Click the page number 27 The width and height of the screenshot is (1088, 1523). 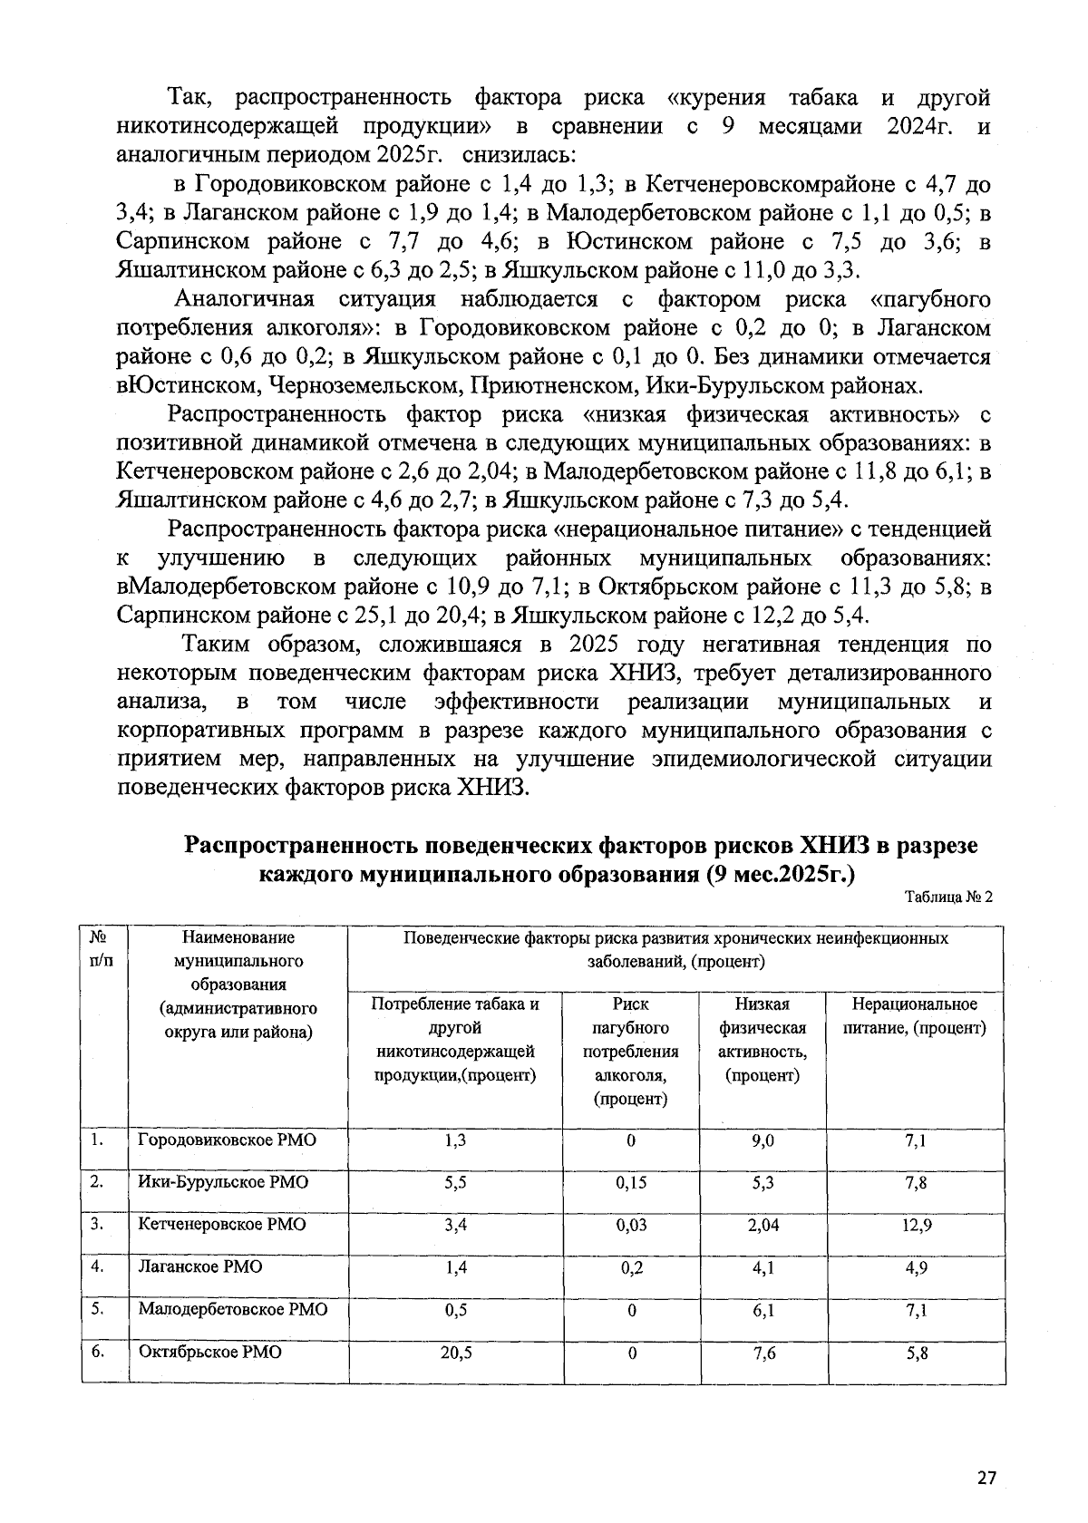coord(986,1478)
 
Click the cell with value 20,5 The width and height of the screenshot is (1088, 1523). coord(455,1352)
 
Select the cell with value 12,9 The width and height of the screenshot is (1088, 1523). coord(916,1225)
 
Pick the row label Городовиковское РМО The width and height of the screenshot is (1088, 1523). coord(227,1140)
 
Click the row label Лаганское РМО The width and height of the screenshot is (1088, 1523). coord(199,1266)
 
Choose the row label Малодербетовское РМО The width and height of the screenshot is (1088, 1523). coord(233,1309)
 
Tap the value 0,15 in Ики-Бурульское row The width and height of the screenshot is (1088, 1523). coord(631,1183)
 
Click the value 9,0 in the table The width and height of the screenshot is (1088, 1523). coord(763,1140)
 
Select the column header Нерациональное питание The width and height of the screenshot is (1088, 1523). coord(916,1016)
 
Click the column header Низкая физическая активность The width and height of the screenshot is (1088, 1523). coord(763,1040)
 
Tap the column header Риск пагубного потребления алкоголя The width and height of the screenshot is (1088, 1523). coord(631,1052)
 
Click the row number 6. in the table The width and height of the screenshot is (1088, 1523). coord(98,1352)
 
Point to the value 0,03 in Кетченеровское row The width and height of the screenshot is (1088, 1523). coord(631,1225)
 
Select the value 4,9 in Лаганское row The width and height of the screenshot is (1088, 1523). coord(916,1267)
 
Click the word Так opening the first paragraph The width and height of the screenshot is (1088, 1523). coord(189,98)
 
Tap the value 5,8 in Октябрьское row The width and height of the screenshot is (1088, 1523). coord(916,1352)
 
